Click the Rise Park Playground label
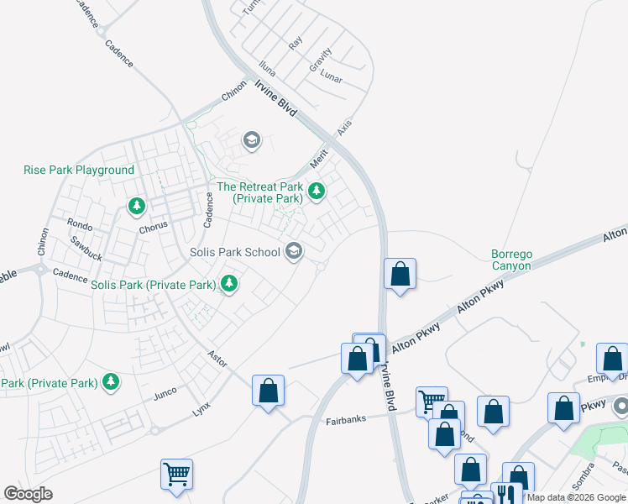[x=79, y=170]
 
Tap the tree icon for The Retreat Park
[x=317, y=192]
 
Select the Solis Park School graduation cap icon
[x=294, y=250]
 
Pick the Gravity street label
[x=320, y=58]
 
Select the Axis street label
[x=344, y=127]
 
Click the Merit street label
[x=318, y=156]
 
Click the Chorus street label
[x=154, y=225]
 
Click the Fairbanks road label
[x=346, y=419]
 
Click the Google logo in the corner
[x=28, y=494]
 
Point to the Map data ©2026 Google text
[x=576, y=497]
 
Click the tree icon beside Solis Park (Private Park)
[x=228, y=284]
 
